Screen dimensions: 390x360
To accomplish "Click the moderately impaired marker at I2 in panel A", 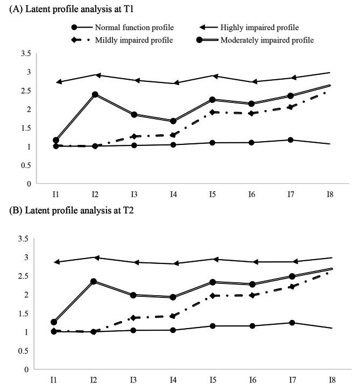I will click(x=95, y=94).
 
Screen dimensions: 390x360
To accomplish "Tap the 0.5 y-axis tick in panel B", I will click(x=24, y=351).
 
